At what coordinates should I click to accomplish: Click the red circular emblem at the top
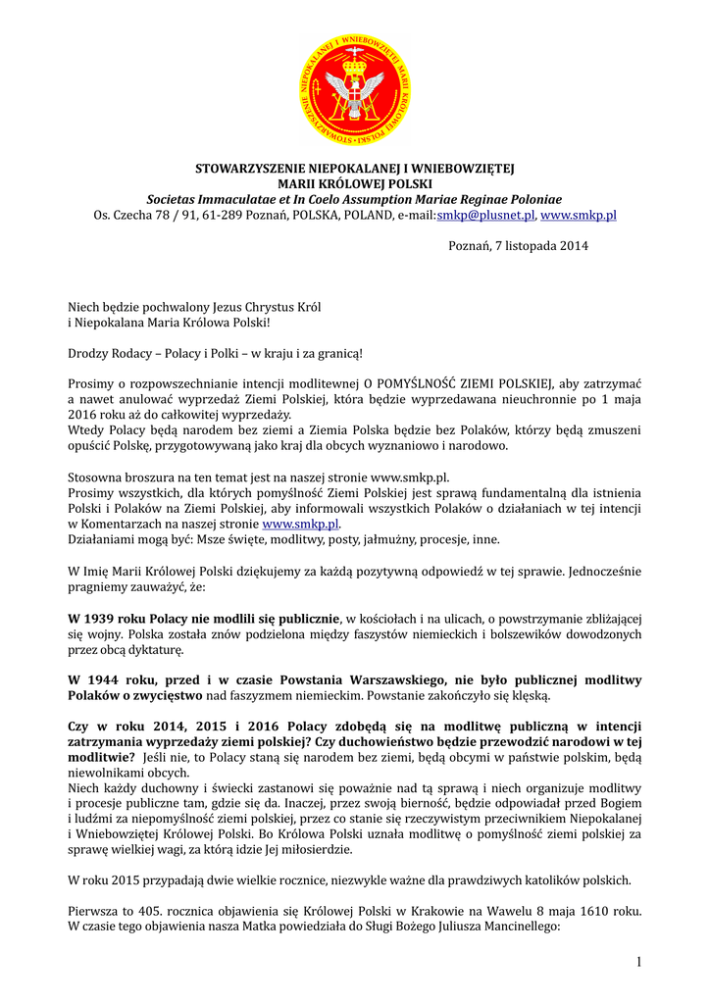(x=355, y=89)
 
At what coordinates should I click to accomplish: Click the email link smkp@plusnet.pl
(x=485, y=215)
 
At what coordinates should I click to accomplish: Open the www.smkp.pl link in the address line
(x=579, y=215)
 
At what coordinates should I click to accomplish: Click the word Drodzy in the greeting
(x=87, y=352)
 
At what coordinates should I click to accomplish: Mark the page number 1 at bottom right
(x=638, y=962)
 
